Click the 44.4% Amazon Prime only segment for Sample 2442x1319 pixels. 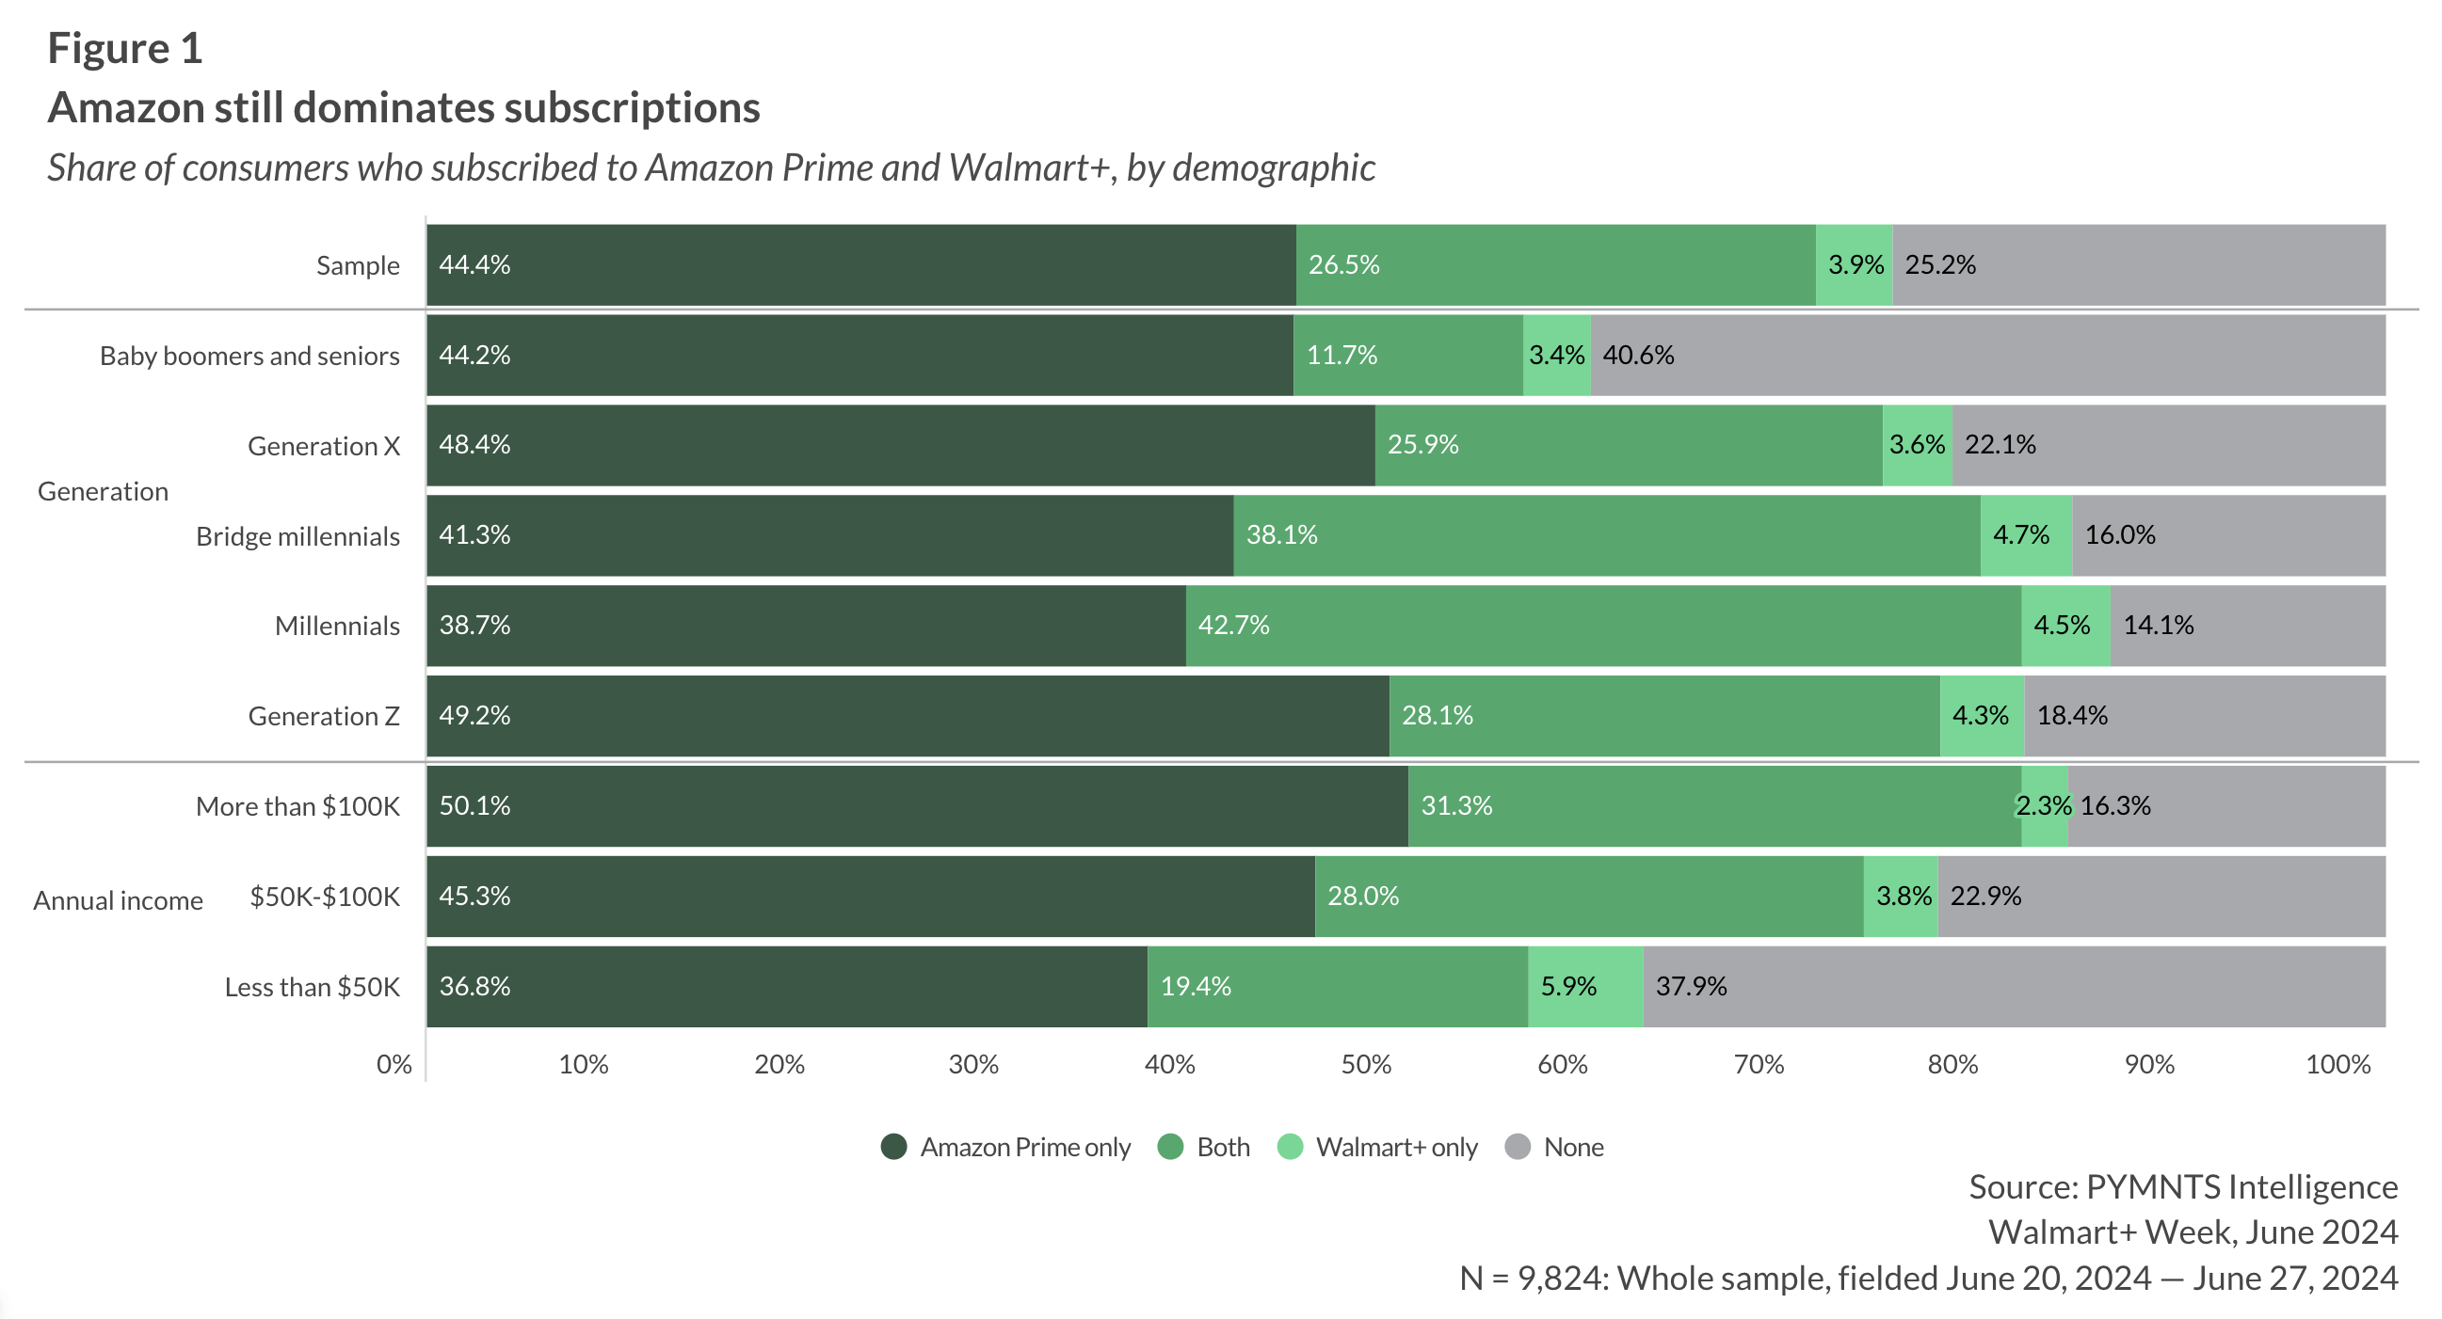(x=860, y=265)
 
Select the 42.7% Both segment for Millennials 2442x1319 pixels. (x=1603, y=626)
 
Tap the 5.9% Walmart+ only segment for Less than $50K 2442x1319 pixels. (x=1585, y=986)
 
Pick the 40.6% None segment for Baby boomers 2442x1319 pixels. (x=1988, y=356)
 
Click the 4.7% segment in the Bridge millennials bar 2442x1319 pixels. (x=2026, y=535)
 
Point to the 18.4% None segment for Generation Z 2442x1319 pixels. (x=2204, y=715)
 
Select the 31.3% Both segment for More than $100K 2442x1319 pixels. (x=1714, y=806)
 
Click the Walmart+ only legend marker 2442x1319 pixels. (x=1291, y=1147)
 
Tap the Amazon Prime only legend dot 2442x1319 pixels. (x=894, y=1147)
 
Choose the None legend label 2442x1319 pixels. (x=1574, y=1148)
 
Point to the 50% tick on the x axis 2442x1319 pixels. (x=1366, y=1064)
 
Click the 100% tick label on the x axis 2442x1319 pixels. (x=2338, y=1064)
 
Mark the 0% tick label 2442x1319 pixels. (x=394, y=1064)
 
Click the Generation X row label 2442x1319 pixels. (x=323, y=446)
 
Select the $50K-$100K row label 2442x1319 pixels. (x=324, y=897)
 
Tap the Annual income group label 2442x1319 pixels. (x=119, y=900)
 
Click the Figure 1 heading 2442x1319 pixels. (x=125, y=48)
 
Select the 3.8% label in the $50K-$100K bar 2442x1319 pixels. (x=1903, y=897)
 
